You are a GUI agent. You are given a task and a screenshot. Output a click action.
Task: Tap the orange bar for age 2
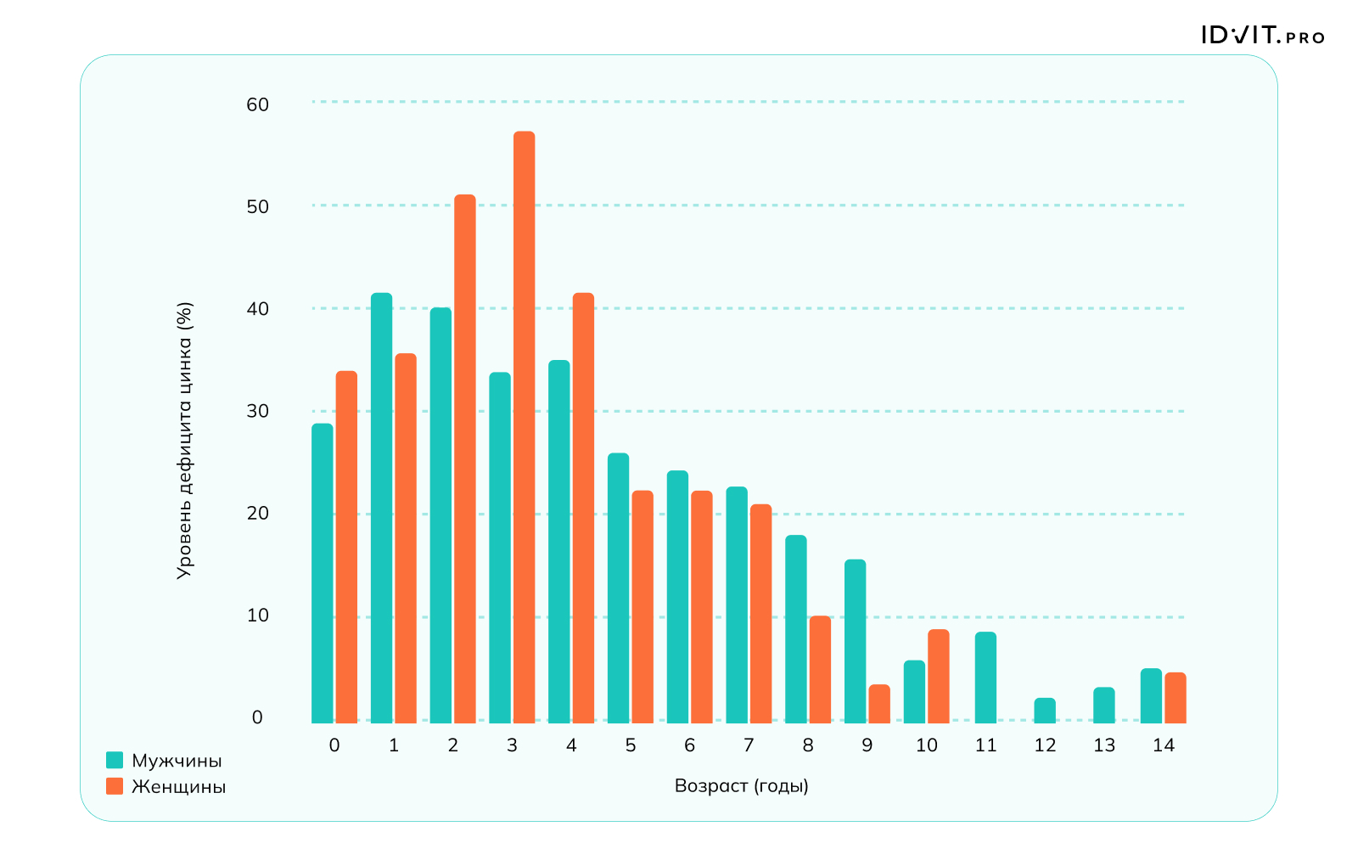coord(464,458)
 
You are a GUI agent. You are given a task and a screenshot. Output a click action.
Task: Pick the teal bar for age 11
coord(985,678)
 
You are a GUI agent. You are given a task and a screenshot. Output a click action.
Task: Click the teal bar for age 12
coord(1045,711)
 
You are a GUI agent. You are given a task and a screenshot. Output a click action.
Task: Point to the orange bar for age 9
coord(879,704)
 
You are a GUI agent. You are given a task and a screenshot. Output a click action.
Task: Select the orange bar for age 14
coord(1175,698)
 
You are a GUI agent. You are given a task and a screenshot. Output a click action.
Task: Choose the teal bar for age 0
coord(323,573)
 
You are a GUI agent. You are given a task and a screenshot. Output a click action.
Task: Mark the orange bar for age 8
coord(820,669)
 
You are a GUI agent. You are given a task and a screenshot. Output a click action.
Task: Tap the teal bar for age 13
coord(1103,705)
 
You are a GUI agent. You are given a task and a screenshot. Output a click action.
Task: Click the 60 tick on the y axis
coord(257,104)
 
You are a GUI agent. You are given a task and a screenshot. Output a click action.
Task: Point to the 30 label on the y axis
coord(257,411)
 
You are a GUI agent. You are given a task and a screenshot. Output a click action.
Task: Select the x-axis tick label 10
coord(926,745)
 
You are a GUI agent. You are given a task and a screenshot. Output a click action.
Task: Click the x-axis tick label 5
coord(630,745)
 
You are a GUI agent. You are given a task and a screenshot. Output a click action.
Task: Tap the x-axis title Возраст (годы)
coord(741,786)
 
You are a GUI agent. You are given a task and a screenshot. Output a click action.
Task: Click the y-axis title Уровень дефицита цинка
coord(184,441)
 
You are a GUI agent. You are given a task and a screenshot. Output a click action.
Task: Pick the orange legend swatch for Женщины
coord(115,786)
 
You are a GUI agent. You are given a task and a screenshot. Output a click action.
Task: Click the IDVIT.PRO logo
coord(1262,36)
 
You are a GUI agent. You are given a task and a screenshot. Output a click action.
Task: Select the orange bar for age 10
coord(938,676)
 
